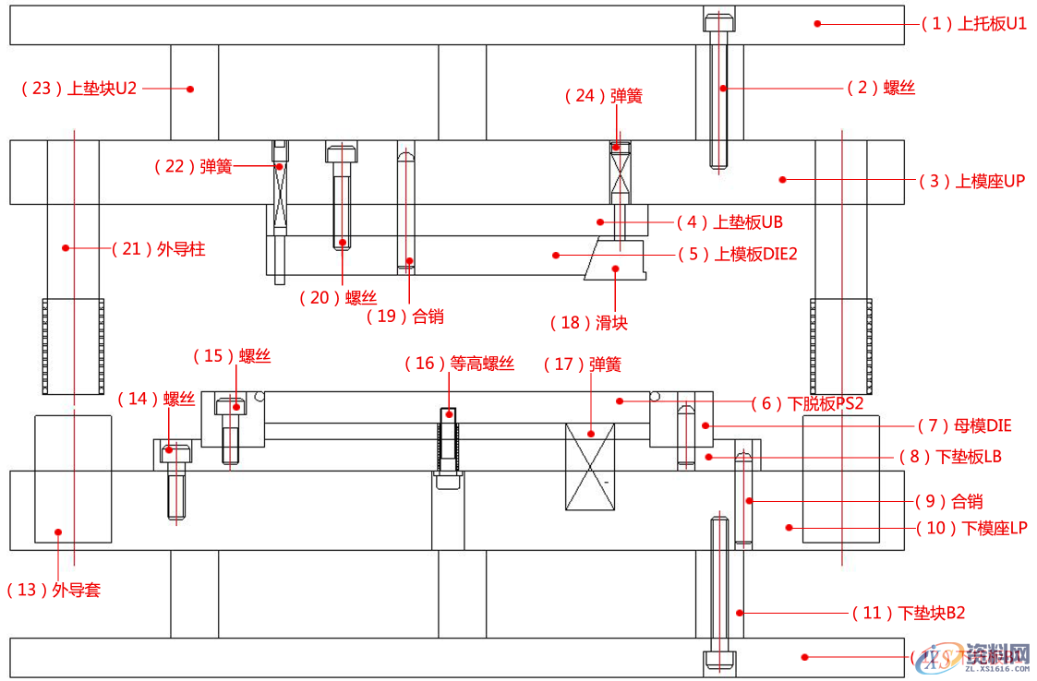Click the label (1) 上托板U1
974,24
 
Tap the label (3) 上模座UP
971,181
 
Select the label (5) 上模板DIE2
736,254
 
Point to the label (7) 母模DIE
964,425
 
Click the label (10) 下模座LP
971,529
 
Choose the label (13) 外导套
54,590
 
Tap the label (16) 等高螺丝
459,364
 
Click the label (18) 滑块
588,322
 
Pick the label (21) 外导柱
158,248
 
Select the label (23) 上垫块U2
78,89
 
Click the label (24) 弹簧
603,95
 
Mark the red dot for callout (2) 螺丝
725,89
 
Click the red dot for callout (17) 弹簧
589,432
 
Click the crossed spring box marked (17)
590,467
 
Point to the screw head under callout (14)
175,452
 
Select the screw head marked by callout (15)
230,405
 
